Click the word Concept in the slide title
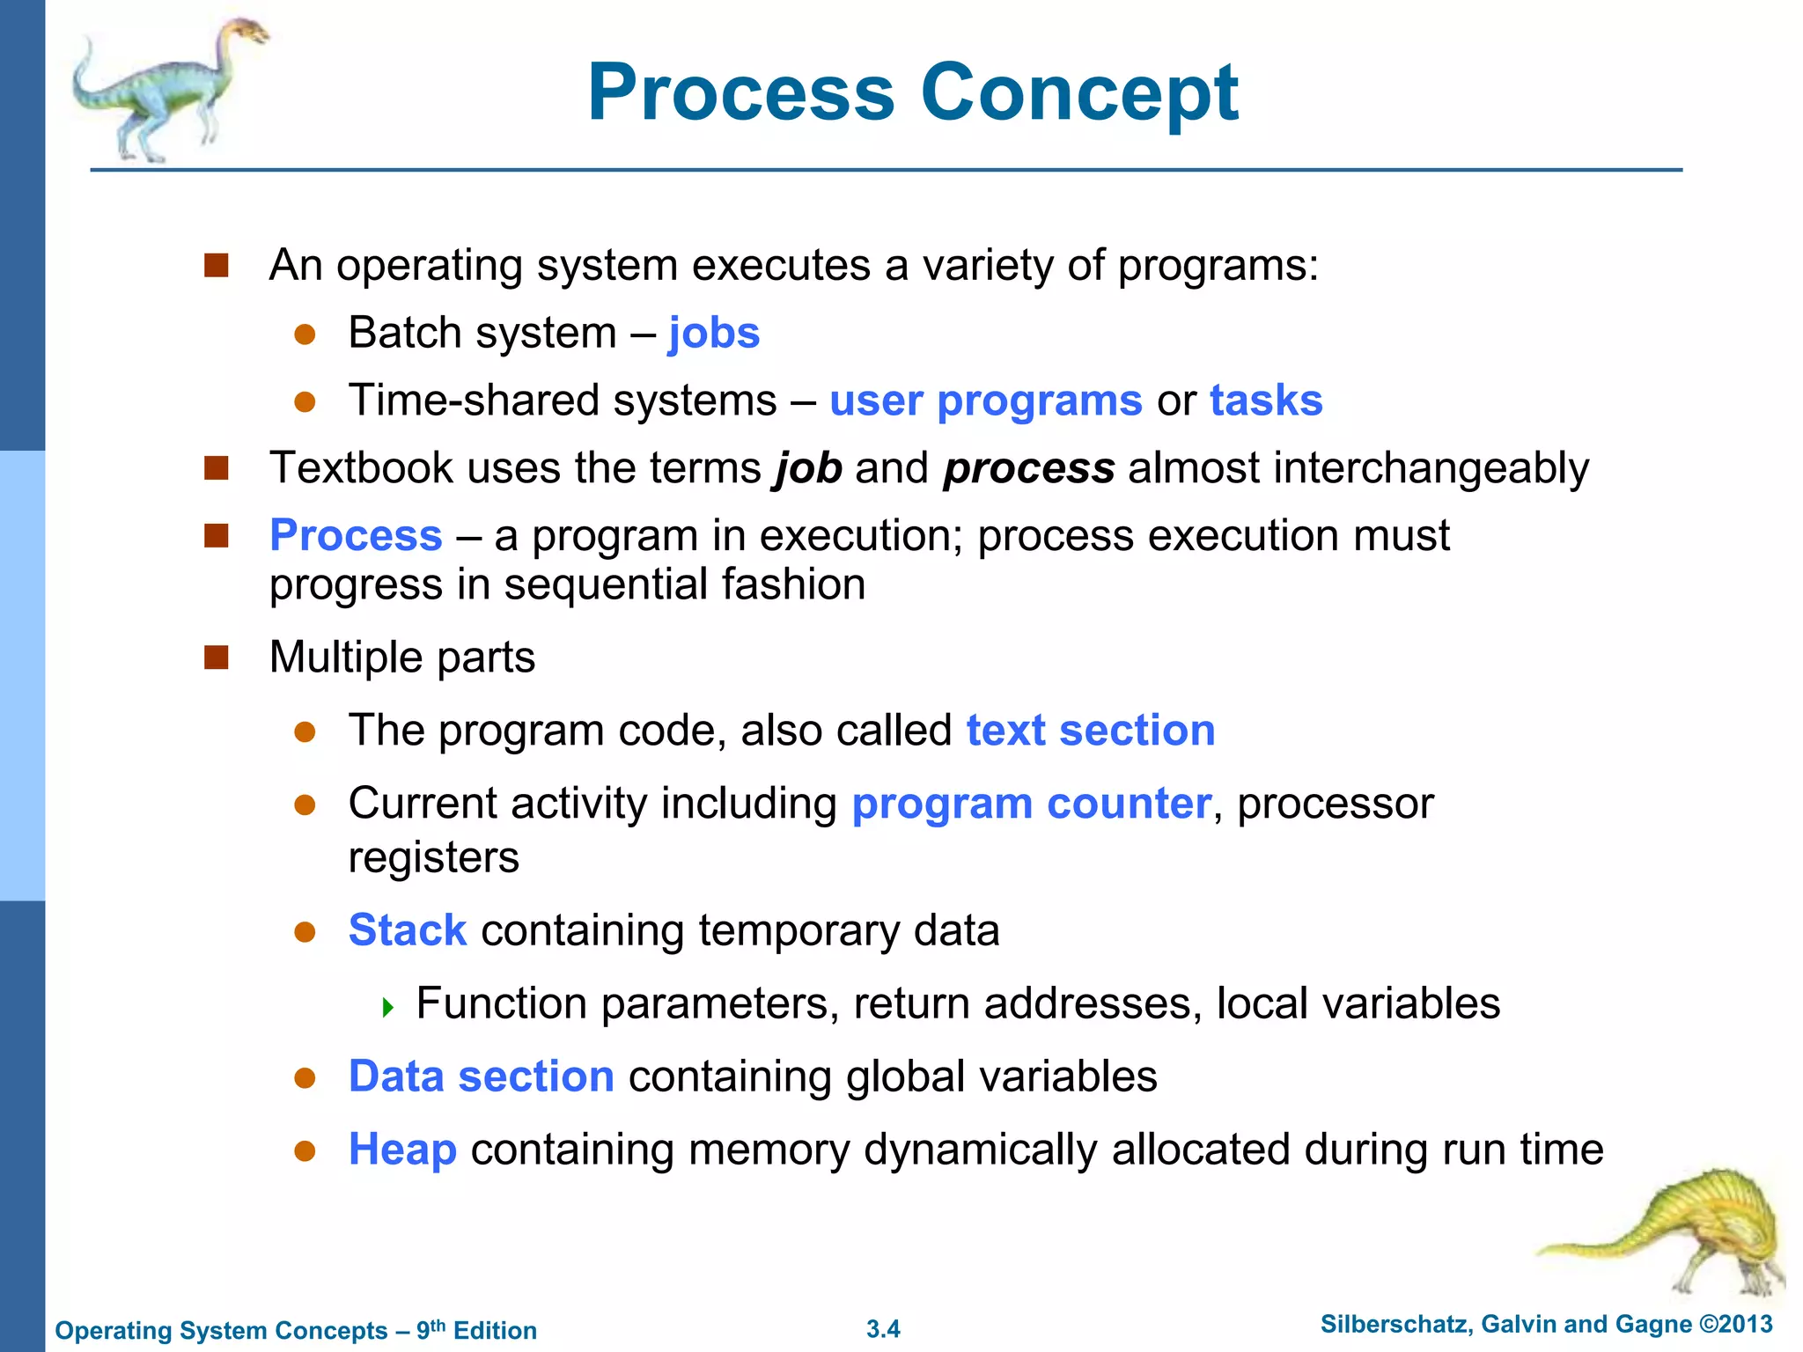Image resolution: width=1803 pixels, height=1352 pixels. click(x=1079, y=93)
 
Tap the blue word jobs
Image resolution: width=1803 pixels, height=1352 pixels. click(x=713, y=334)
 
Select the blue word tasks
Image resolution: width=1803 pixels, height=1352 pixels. click(x=1266, y=401)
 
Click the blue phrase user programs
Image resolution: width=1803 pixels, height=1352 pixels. click(x=985, y=401)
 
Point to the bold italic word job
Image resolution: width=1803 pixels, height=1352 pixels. click(x=807, y=468)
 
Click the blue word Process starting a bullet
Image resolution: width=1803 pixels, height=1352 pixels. click(x=356, y=535)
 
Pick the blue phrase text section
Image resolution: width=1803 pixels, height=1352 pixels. click(x=1090, y=731)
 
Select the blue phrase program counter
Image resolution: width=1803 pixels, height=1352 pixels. click(x=1031, y=804)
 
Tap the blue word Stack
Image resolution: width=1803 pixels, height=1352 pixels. click(x=407, y=930)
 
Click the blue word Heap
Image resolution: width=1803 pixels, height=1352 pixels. click(x=402, y=1150)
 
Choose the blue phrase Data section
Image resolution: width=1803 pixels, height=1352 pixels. click(x=481, y=1076)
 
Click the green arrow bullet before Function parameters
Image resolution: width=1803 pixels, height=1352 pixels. click(x=388, y=1007)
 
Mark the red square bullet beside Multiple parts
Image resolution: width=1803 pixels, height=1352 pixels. click(x=217, y=658)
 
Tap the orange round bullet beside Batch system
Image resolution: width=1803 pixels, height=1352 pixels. click(x=305, y=334)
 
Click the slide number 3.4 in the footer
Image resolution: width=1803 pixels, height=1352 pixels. click(x=883, y=1329)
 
